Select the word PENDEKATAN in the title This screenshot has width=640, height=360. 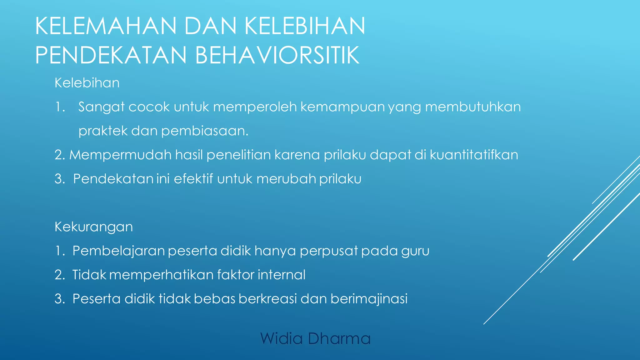click(x=111, y=55)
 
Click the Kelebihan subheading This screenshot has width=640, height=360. click(x=87, y=83)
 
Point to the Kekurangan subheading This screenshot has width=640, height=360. click(x=93, y=227)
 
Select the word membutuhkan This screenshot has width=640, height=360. click(x=473, y=107)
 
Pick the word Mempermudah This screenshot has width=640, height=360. click(x=120, y=155)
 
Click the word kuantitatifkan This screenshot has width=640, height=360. click(x=474, y=155)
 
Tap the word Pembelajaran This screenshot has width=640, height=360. click(x=118, y=251)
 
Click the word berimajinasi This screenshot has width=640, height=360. click(x=369, y=299)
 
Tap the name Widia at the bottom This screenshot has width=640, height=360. click(x=281, y=339)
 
